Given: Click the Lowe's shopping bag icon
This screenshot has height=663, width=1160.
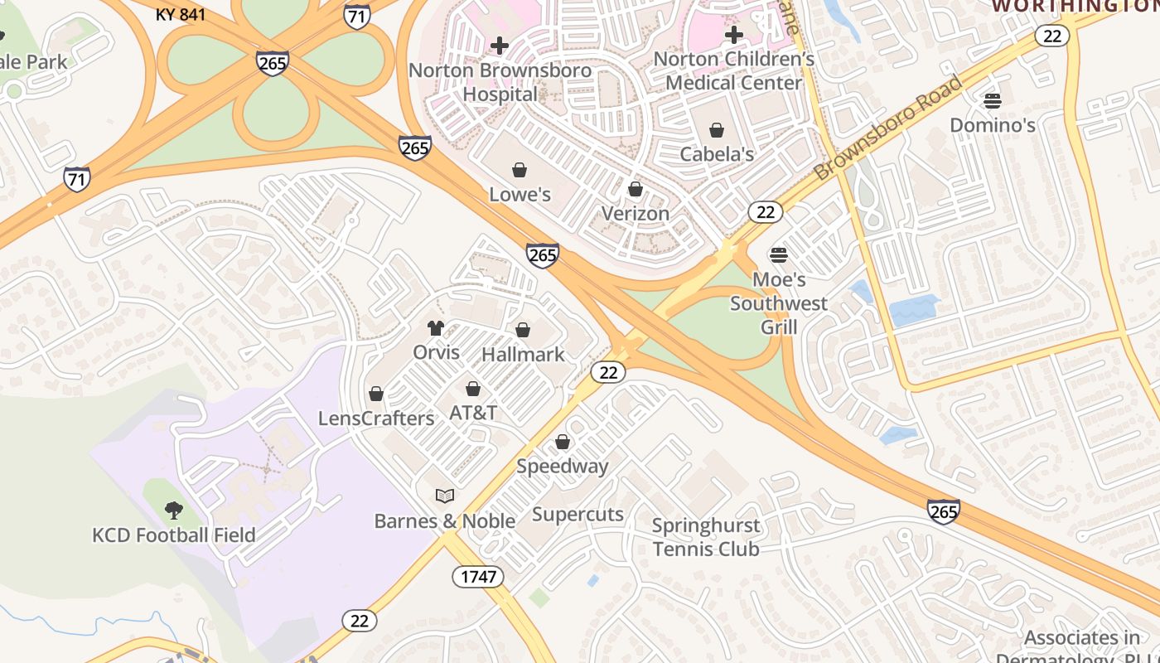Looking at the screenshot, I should click(x=520, y=171).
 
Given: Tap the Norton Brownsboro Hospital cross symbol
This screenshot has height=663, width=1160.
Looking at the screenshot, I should click(x=500, y=46).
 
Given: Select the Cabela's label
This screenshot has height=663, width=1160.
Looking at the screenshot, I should click(x=717, y=154).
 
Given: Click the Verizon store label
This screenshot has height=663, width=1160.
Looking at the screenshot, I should click(x=635, y=214).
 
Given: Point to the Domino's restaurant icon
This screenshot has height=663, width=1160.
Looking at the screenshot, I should click(x=993, y=101).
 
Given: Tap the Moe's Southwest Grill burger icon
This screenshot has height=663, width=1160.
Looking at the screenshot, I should click(x=778, y=254).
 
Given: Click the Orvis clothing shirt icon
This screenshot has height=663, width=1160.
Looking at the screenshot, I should click(x=436, y=328).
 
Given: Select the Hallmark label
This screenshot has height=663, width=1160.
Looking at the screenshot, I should click(x=523, y=355).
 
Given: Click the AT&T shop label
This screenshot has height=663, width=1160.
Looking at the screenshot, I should click(x=473, y=413).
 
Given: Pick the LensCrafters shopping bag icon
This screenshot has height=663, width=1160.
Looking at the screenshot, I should click(x=376, y=394).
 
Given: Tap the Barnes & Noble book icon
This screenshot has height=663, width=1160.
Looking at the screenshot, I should click(x=445, y=496).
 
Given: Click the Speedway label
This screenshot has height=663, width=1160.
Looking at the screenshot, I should click(x=563, y=466).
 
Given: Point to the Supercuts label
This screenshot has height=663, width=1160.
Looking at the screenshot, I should click(x=578, y=514).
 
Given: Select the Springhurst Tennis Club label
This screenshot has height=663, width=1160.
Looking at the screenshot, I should click(x=705, y=537).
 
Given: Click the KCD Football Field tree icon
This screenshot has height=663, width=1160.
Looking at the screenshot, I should click(x=173, y=510).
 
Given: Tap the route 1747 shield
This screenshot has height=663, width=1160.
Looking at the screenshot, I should click(x=478, y=577).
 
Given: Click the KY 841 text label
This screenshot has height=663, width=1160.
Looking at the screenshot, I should click(x=181, y=14).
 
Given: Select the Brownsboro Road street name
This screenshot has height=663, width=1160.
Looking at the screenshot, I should click(x=890, y=128).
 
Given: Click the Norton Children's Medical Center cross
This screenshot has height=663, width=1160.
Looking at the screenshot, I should click(x=734, y=35).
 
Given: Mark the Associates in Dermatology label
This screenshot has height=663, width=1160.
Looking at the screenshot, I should click(x=1081, y=647).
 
